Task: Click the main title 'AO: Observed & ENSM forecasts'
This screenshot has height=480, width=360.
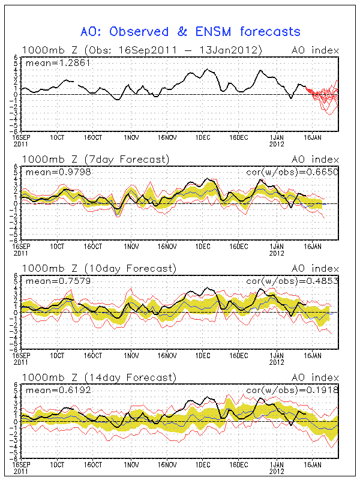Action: click(190, 31)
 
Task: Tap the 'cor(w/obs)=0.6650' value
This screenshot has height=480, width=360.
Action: click(293, 172)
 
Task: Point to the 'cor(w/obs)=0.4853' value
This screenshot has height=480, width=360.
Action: click(293, 280)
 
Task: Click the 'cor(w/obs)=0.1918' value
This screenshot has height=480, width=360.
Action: click(293, 389)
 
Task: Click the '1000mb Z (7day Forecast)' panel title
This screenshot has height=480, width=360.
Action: click(95, 159)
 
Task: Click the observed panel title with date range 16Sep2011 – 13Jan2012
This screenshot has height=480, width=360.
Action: click(142, 50)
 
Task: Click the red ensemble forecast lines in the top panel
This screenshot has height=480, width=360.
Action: click(325, 96)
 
